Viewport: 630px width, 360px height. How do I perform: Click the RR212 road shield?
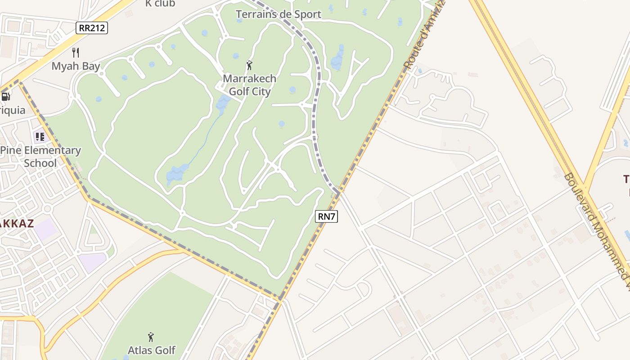92,28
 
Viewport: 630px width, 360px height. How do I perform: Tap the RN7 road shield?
326,216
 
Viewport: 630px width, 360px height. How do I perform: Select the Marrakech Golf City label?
250,85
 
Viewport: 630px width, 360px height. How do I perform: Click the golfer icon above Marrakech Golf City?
249,66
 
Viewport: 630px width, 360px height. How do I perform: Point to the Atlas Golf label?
152,350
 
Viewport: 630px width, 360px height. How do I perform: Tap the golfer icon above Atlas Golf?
151,337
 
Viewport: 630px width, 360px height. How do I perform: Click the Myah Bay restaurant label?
76,66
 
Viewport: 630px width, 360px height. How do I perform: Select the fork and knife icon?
76,53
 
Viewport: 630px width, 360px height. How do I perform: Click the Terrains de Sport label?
279,14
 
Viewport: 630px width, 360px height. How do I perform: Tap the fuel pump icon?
6,96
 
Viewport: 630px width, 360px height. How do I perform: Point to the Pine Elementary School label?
40,157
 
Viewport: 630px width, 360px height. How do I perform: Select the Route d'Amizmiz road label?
423,36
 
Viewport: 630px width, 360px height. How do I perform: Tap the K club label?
160,4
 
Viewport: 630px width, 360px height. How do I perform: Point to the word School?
40,163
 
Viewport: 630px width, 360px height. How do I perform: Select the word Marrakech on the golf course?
250,78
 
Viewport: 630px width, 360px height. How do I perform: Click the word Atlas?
139,350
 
